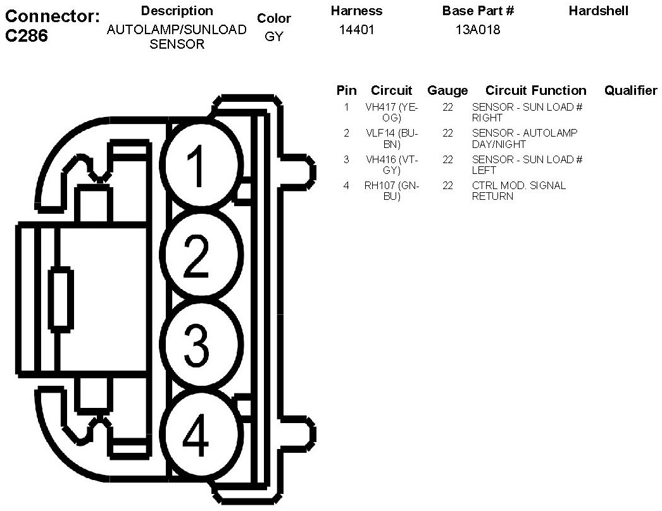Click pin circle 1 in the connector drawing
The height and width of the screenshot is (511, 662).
coord(201,164)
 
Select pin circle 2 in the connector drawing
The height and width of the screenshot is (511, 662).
coord(201,255)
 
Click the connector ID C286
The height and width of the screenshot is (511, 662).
coord(27,36)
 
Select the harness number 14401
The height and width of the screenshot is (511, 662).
coord(356,30)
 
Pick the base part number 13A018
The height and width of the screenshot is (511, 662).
coord(478,30)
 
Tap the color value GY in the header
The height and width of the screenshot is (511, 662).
coord(273,37)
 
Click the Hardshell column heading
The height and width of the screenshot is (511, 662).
coord(598,11)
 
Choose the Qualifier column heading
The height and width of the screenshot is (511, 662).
coord(630,90)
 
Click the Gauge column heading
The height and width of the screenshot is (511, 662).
coord(447,90)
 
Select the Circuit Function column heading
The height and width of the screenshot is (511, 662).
coord(536,90)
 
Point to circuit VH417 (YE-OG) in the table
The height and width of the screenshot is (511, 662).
coord(392,113)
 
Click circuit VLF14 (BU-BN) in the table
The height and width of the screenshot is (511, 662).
coord(392,139)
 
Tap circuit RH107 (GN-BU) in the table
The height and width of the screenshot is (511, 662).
coord(392,191)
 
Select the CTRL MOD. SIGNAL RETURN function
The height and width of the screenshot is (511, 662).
coord(518,191)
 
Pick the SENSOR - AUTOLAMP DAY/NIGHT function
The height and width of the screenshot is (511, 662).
coord(525,139)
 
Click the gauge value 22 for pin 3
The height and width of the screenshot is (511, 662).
coord(447,159)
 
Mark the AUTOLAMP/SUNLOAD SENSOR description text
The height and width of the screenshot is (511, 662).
coord(177,37)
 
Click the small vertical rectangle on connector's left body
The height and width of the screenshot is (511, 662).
coord(61,300)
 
